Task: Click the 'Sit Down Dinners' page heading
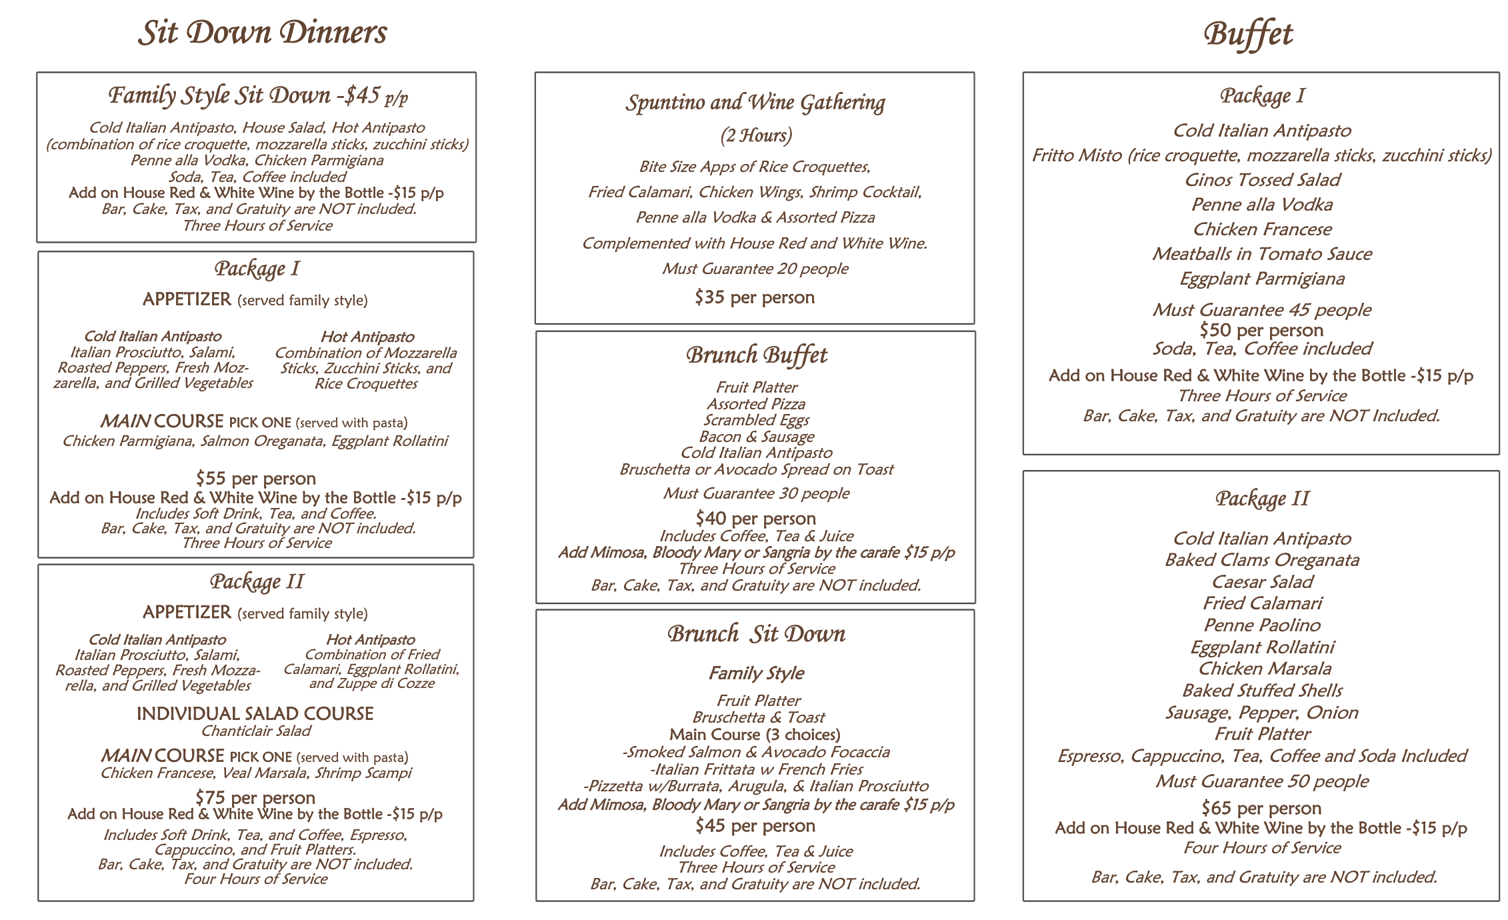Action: [262, 33]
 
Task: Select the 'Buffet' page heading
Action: [1248, 34]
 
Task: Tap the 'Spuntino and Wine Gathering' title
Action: [755, 103]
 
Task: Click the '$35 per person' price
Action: [755, 297]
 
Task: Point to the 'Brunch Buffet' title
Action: [756, 355]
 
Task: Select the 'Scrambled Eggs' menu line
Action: [756, 420]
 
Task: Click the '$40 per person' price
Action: [755, 518]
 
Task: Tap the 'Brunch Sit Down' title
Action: [756, 634]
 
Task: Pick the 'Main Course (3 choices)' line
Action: [755, 735]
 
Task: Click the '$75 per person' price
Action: [255, 797]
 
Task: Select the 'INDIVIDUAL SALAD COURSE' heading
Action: [255, 713]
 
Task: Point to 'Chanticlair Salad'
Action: [256, 731]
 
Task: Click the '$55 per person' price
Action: [256, 478]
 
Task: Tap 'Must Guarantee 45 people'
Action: [1261, 310]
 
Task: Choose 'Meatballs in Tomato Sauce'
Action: [1262, 254]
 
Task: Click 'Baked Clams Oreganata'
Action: [1261, 560]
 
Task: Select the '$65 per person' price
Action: [1261, 808]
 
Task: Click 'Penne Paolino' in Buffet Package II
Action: [1261, 625]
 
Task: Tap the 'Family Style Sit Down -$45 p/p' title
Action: [258, 95]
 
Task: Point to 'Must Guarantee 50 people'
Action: [1261, 781]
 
